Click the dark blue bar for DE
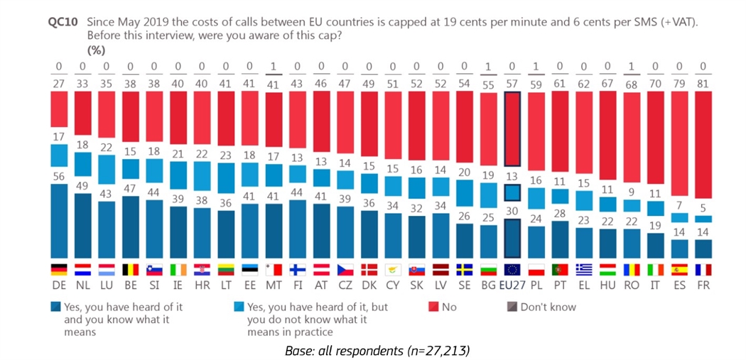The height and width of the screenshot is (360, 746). pyautogui.click(x=59, y=222)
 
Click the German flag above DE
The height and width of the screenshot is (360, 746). pyautogui.click(x=59, y=270)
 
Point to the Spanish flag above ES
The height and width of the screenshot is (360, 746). pyautogui.click(x=679, y=270)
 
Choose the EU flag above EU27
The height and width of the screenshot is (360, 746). pyautogui.click(x=512, y=270)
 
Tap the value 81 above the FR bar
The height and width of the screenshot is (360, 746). pyautogui.click(x=703, y=82)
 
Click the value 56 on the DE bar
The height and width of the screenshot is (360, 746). pyautogui.click(x=59, y=176)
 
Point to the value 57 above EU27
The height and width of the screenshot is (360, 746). pyautogui.click(x=512, y=82)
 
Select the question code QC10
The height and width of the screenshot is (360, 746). pyautogui.click(x=62, y=22)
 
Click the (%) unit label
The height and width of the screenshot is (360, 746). pyautogui.click(x=96, y=50)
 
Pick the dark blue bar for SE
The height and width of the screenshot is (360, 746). pyautogui.click(x=465, y=241)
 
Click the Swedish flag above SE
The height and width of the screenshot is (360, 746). pyautogui.click(x=465, y=270)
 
